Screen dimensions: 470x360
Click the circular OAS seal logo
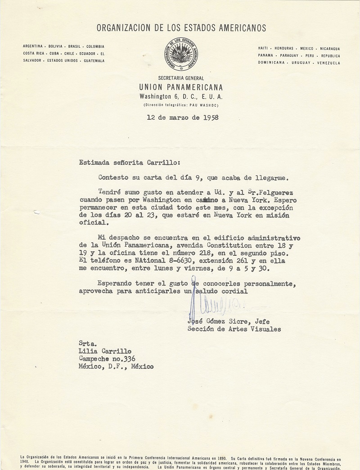180,54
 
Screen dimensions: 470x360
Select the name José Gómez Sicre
219,321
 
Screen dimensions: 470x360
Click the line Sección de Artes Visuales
234,329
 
